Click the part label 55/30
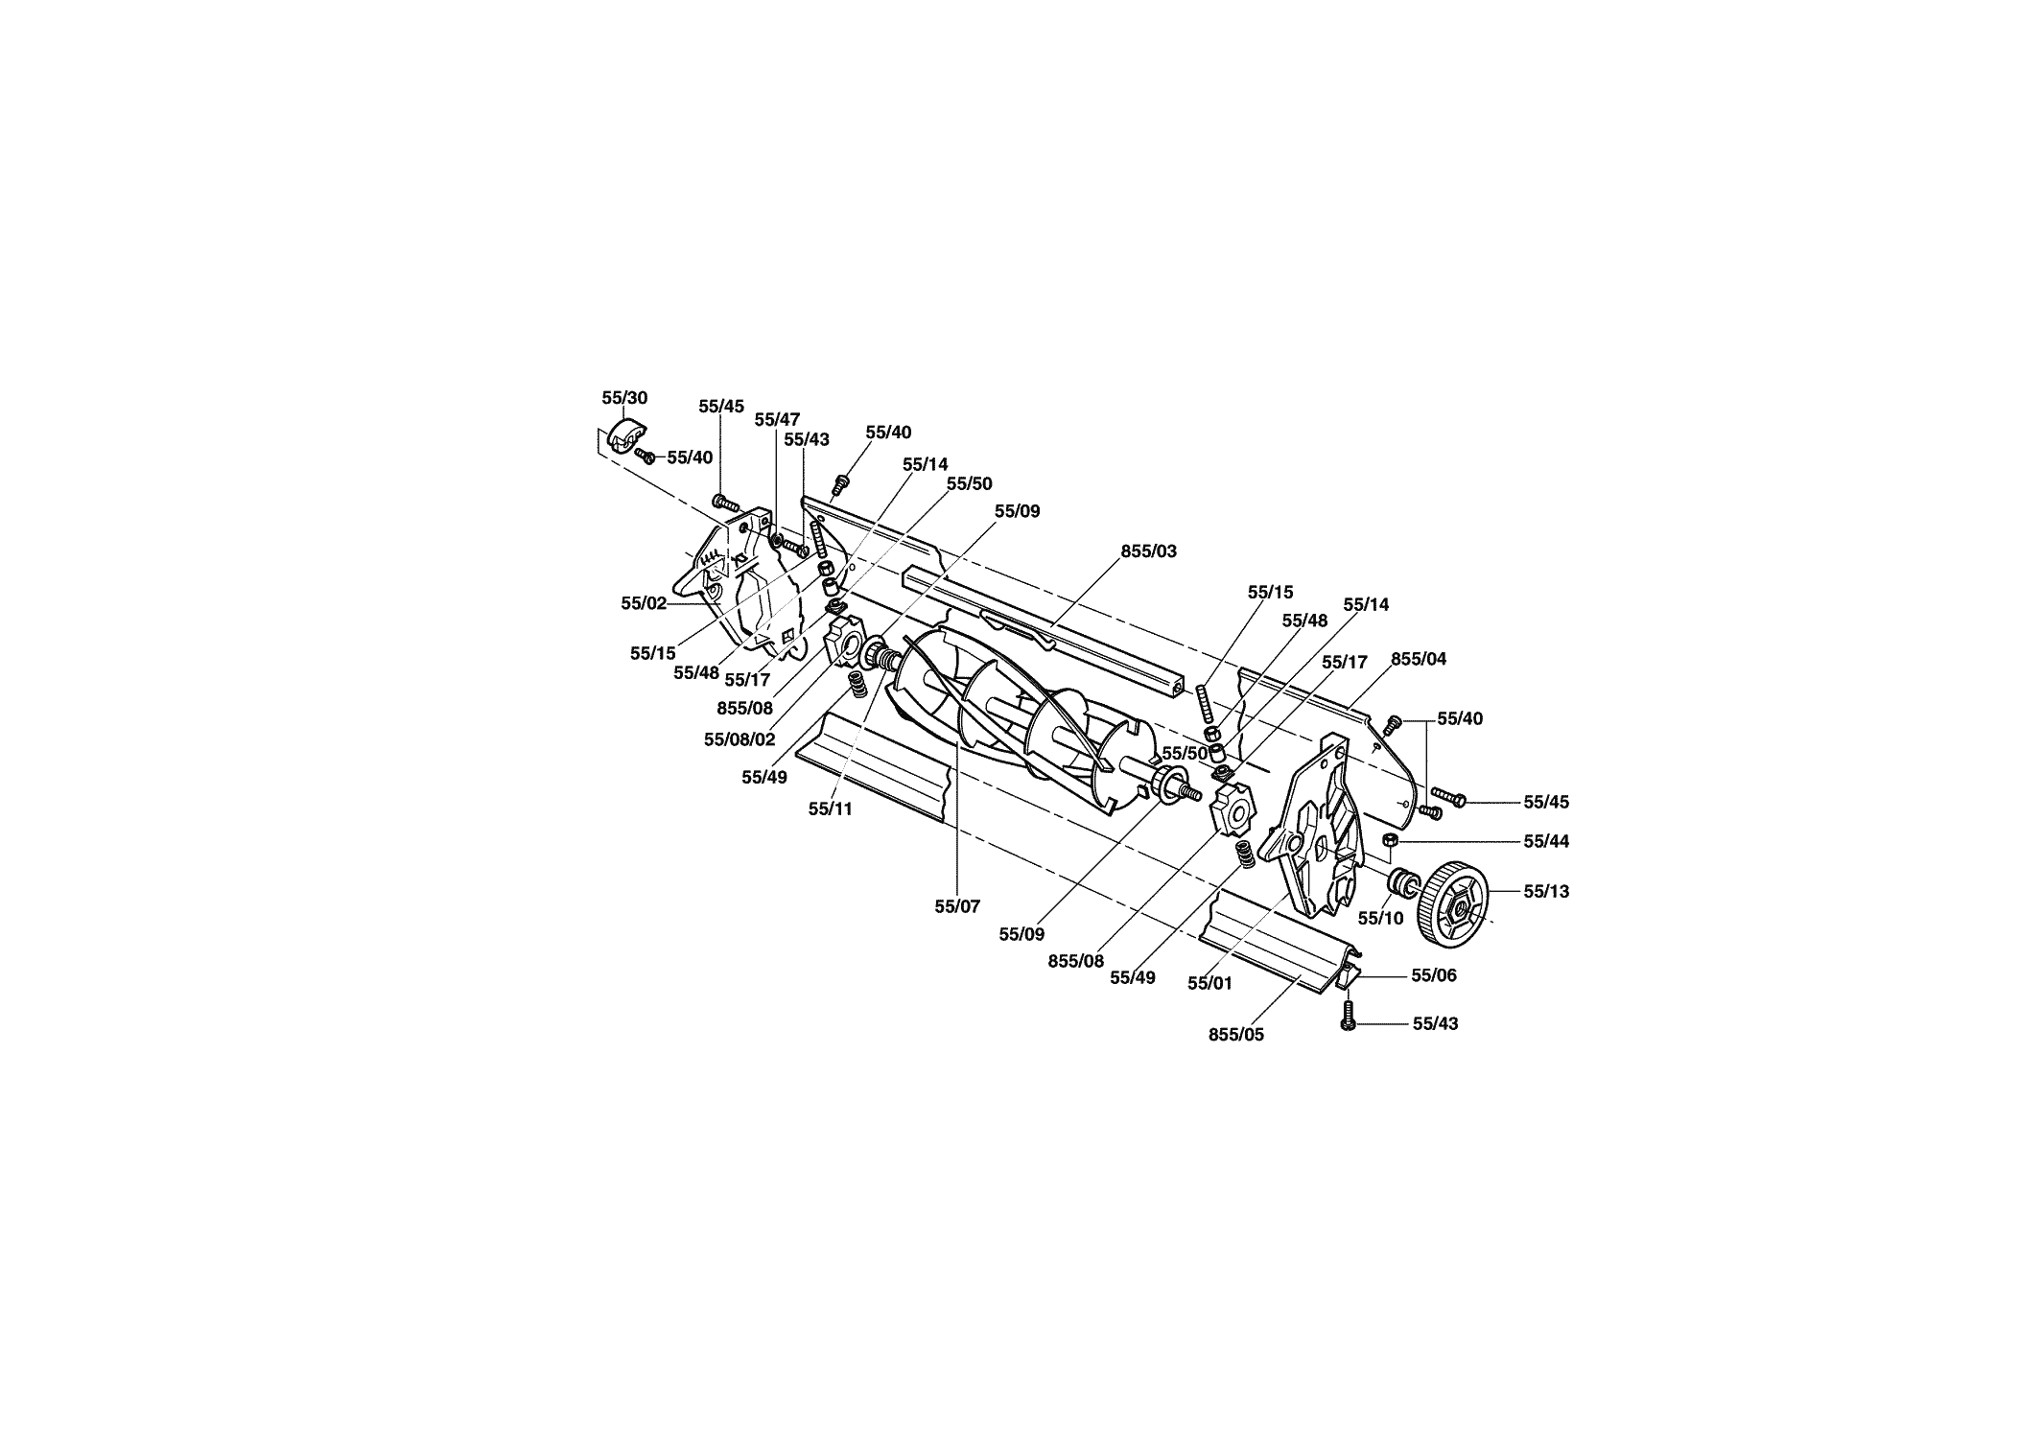(x=624, y=397)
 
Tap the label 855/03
(x=1149, y=551)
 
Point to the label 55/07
(x=957, y=906)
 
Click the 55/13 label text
(x=1546, y=891)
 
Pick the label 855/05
(x=1236, y=1035)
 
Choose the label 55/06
(x=1434, y=975)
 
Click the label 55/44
(x=1546, y=841)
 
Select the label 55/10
(x=1380, y=918)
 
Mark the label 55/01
(x=1210, y=983)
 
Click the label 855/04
(x=1419, y=659)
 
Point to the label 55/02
(x=644, y=603)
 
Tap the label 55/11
(x=830, y=809)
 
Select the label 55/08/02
(x=739, y=739)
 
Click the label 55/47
(x=777, y=419)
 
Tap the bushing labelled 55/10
(x=1401, y=879)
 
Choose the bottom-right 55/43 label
(x=1435, y=1023)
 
